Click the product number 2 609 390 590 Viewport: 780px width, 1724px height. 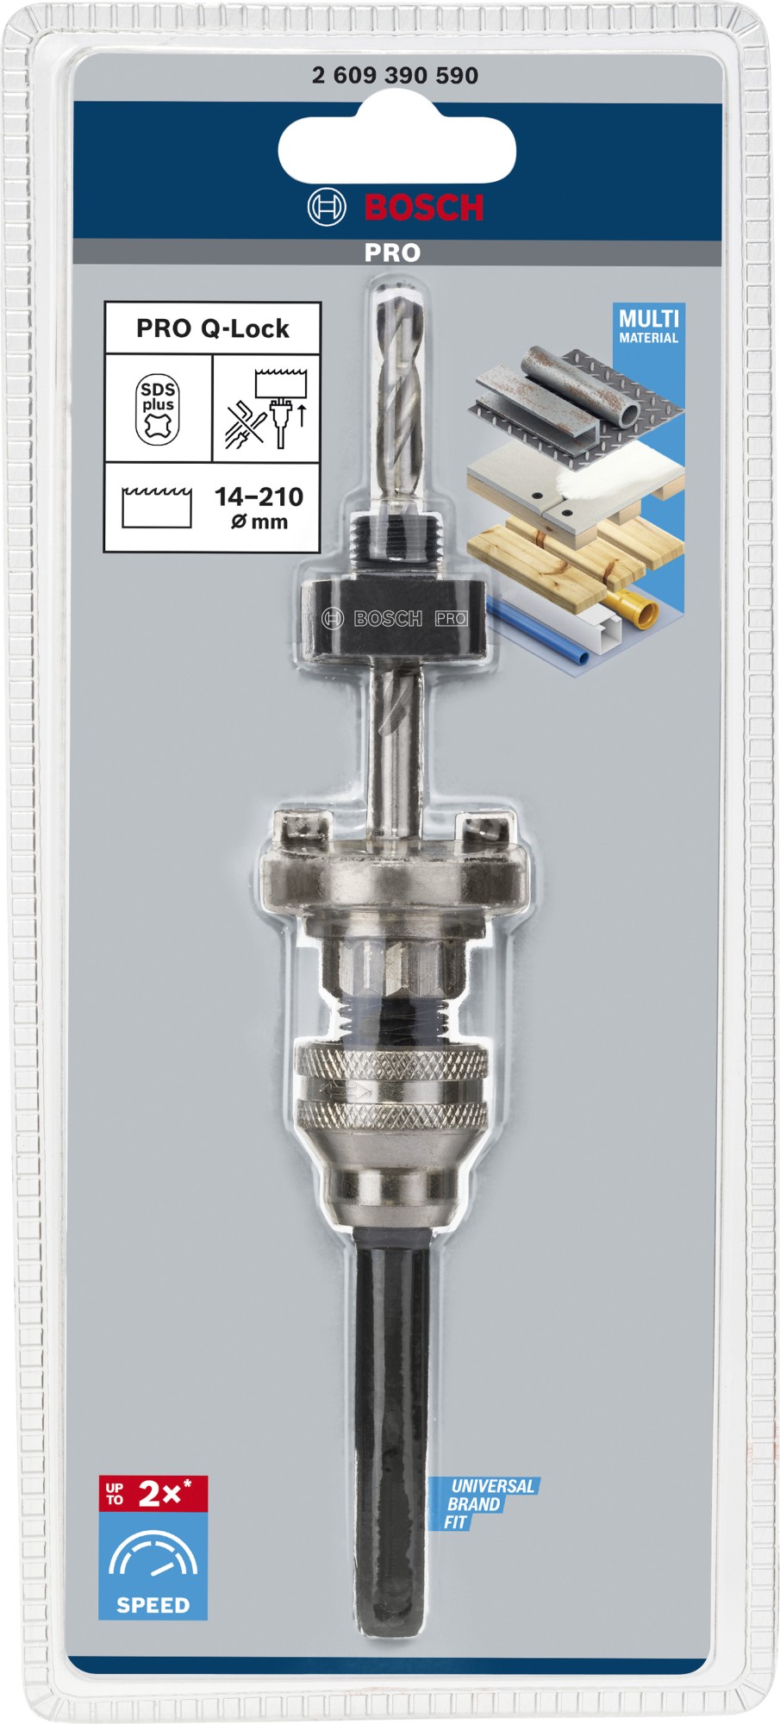tap(395, 76)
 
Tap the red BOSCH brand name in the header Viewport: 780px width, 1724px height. tap(424, 208)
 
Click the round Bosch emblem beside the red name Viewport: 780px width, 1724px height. tap(327, 208)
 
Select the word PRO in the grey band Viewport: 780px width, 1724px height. tap(392, 253)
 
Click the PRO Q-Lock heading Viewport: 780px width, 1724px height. tap(213, 328)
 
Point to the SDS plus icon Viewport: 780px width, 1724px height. tap(158, 409)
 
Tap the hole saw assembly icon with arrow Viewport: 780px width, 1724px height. tap(266, 409)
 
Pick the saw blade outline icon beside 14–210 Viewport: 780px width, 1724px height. tap(157, 507)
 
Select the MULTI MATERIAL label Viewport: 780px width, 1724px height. tap(648, 326)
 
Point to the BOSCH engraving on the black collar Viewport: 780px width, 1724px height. tap(388, 618)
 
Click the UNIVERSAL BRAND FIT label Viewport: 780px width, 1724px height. tap(483, 1504)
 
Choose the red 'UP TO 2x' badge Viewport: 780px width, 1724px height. tap(153, 1494)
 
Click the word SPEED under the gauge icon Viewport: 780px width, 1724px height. tap(153, 1605)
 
